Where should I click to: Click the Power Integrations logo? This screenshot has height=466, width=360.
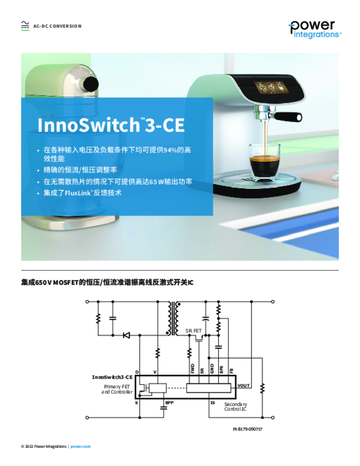(314, 29)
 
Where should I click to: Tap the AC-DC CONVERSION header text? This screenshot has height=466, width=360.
(57, 26)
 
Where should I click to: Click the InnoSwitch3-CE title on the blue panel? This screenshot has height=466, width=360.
(111, 125)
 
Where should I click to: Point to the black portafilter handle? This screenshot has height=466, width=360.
(288, 116)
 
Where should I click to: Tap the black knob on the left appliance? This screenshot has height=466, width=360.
(91, 84)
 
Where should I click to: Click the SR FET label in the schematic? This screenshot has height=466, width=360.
(193, 331)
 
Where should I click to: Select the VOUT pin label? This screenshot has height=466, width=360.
(243, 385)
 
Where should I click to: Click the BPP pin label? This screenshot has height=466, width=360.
(169, 403)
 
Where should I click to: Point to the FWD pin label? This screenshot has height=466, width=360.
(193, 369)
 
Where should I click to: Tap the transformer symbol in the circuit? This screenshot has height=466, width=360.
(173, 318)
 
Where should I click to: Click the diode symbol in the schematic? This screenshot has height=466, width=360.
(127, 335)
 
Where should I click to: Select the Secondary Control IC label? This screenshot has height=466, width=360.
(235, 406)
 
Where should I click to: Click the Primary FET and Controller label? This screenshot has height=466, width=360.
(117, 390)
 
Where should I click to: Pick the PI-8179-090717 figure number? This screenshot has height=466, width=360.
(247, 429)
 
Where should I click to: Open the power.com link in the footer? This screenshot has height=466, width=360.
(81, 446)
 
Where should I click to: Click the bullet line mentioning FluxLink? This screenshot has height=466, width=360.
(82, 193)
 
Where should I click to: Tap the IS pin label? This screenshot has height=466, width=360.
(213, 403)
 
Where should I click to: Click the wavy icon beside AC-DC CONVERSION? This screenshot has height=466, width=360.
(25, 26)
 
